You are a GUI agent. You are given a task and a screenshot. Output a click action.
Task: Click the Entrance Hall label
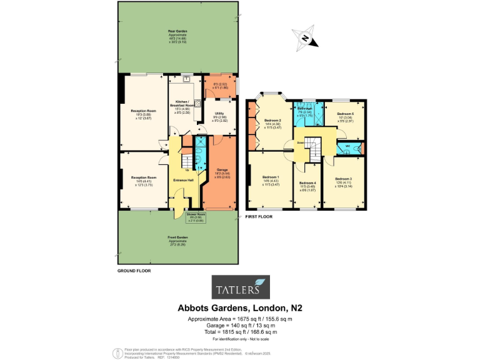pyautogui.click(x=184, y=181)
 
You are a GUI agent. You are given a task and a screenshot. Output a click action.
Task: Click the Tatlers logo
pyautogui.click(x=239, y=289)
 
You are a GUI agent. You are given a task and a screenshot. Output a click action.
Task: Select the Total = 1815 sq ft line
pyautogui.click(x=240, y=332)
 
